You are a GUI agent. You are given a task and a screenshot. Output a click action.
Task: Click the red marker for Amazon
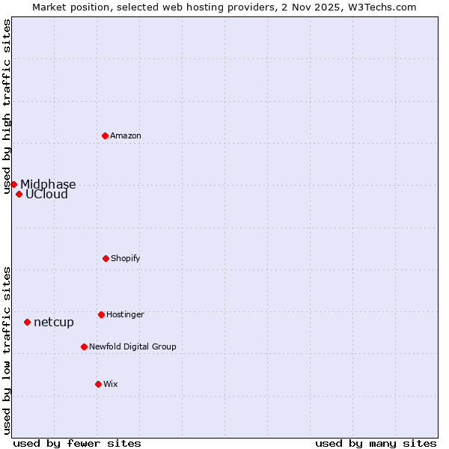click(106, 135)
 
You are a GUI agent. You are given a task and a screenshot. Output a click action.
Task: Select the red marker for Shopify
click(106, 258)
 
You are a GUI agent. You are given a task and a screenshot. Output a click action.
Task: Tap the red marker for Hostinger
click(101, 314)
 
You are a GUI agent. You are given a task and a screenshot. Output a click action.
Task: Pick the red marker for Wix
click(98, 384)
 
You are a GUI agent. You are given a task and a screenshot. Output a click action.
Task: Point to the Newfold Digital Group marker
click(84, 346)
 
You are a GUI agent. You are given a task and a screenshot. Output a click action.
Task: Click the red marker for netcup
click(27, 322)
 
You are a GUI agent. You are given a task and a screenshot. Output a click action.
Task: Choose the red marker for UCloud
click(19, 194)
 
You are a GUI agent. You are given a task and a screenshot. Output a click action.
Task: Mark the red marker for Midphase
click(13, 184)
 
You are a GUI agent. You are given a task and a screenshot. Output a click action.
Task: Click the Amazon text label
click(126, 135)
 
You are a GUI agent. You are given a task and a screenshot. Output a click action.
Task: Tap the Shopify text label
click(126, 258)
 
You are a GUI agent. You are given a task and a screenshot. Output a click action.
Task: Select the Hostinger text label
click(125, 314)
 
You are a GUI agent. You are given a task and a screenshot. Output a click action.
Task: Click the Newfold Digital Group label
click(132, 346)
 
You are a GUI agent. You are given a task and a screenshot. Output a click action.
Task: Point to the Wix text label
click(111, 384)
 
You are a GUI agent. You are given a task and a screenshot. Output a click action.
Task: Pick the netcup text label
click(54, 323)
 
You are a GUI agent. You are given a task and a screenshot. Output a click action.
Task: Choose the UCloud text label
click(46, 195)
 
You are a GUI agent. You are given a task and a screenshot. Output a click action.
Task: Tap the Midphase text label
click(48, 185)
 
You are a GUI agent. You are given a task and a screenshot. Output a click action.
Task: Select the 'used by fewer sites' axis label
click(77, 443)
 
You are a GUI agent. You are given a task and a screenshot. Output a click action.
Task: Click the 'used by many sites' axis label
click(376, 443)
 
